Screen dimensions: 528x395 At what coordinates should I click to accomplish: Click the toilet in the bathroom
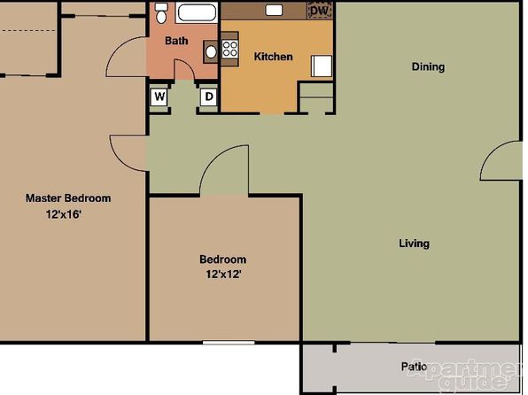coord(161,13)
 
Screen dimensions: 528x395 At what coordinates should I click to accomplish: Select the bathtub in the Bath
coord(197,13)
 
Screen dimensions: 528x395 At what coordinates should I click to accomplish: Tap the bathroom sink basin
coord(211,52)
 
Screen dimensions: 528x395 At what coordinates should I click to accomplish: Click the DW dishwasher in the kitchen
coord(319,11)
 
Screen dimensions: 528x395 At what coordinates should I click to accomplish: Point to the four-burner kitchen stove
coord(230,49)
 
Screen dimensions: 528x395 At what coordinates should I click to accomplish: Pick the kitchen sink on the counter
coord(274,10)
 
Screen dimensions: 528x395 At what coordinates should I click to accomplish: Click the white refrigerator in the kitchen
coord(322,66)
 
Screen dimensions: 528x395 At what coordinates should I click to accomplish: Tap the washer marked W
coord(159,97)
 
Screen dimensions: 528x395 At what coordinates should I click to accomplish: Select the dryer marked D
coord(209,97)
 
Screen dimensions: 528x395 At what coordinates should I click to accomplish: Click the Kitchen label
coord(273,57)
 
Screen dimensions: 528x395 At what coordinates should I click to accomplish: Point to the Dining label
coord(428,66)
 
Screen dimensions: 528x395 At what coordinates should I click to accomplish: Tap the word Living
coord(415,244)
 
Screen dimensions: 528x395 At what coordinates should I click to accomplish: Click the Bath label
coord(176,41)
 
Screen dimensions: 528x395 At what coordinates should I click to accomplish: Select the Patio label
coord(415,367)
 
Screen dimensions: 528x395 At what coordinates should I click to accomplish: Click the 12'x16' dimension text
coord(64,214)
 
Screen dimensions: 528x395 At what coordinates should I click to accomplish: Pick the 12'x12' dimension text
coord(223,275)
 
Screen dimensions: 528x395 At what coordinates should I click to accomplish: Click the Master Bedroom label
coord(68,198)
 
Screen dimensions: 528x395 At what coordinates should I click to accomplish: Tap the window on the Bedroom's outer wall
coord(229,343)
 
